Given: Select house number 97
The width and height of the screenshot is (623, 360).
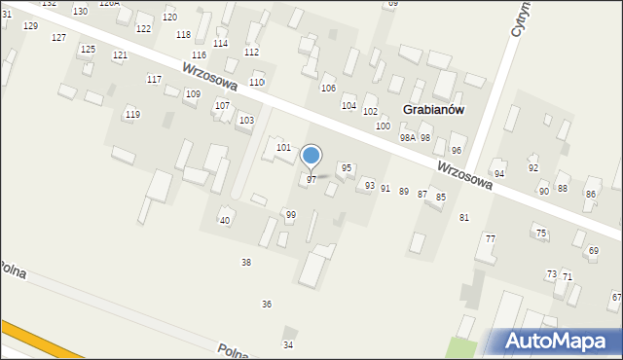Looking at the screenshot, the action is (x=311, y=180).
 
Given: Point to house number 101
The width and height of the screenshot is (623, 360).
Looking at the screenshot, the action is (x=283, y=148).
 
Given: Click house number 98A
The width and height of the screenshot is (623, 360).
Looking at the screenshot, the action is (x=407, y=138).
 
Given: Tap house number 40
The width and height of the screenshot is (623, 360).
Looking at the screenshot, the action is (x=225, y=221).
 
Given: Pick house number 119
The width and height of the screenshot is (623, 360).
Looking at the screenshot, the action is (x=132, y=115).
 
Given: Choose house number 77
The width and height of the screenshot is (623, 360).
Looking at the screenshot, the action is (x=490, y=238).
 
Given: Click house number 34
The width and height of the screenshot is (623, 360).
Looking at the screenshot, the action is (x=287, y=345).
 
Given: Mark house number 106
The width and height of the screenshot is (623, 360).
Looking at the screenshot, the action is (x=328, y=89).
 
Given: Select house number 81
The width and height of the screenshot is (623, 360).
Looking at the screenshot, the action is (x=464, y=217).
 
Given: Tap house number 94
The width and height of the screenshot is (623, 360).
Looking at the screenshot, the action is (x=499, y=173).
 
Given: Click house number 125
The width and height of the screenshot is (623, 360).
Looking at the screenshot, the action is (x=88, y=49).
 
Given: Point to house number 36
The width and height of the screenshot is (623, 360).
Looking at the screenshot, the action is (x=266, y=305).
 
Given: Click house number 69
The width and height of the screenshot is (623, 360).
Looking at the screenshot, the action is (x=593, y=251).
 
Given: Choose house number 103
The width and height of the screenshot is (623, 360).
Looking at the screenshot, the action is (x=246, y=121).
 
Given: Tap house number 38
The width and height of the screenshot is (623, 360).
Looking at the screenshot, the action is (x=246, y=263).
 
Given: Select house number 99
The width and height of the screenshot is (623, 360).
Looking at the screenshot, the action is (x=290, y=214).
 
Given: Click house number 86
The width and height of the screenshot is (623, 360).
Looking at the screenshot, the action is (x=590, y=195).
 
